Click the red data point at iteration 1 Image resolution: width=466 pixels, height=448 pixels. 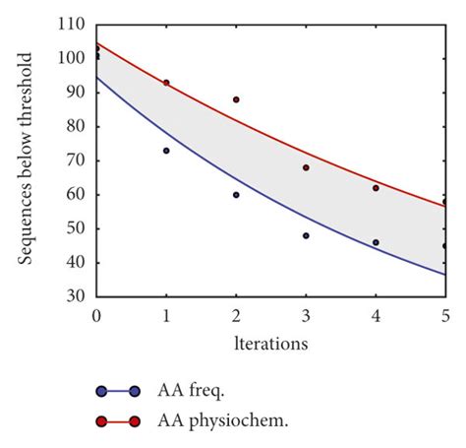coord(166,83)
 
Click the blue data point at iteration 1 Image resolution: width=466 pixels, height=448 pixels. coord(166,151)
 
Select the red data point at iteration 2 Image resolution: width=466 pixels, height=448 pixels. coord(236,99)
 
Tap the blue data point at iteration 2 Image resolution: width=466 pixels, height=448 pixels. coord(236,195)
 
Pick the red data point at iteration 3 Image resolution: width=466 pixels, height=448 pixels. coord(306,167)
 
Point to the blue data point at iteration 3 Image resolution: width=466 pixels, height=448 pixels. coord(306,235)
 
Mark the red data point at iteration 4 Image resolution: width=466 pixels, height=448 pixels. coord(376,188)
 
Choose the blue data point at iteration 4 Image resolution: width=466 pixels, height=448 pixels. coord(376,242)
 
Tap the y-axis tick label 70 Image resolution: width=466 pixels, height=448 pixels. coord(77,160)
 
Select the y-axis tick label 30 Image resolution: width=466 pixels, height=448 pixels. coord(77,296)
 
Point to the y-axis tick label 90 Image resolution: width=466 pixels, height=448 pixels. coord(77,93)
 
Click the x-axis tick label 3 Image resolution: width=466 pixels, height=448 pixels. coord(306,315)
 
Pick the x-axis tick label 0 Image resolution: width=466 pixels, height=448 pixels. coord(96,315)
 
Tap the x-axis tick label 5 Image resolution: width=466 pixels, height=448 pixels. coord(445,315)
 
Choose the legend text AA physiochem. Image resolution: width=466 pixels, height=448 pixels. coord(222,421)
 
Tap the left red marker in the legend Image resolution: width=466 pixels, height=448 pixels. coord(102,421)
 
